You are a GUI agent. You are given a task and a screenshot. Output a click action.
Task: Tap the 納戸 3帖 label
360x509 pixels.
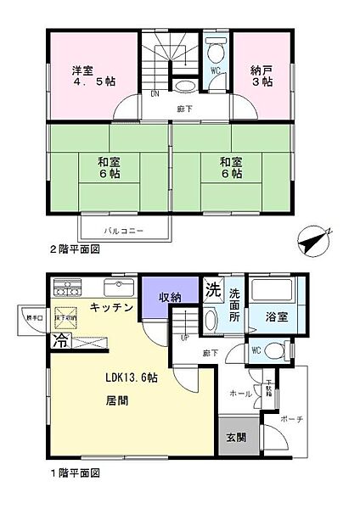pos(261,76)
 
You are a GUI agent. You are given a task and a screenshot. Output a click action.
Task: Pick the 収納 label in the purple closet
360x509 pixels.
pos(169,296)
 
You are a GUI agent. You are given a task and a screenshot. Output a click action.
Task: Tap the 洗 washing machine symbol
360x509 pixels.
pos(212,288)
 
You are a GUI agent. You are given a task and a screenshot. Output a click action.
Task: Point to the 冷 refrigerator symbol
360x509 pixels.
pos(60,343)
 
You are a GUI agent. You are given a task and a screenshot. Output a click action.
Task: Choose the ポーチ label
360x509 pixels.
pos(281,420)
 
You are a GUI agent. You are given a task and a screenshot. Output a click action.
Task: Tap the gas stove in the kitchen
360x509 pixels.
pos(66,285)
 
